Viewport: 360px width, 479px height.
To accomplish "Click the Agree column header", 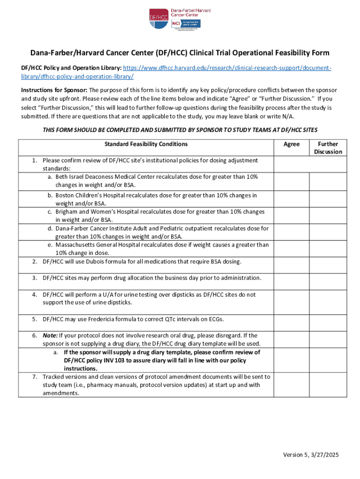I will pyautogui.click(x=291, y=144).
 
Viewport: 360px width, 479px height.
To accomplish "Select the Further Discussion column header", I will pyautogui.click(x=328, y=148).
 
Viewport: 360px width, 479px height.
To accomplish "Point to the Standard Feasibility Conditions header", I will pyautogui.click(x=146, y=144).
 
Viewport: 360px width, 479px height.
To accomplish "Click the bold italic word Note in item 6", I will pyautogui.click(x=50, y=335).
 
